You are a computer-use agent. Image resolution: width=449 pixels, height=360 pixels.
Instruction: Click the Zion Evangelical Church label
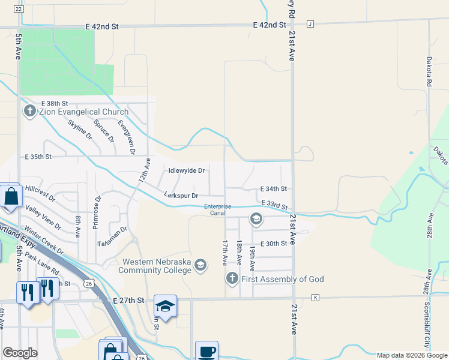point(83,112)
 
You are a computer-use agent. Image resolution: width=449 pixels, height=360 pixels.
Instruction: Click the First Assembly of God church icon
point(232,278)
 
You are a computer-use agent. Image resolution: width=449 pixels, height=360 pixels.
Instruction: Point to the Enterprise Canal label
point(217,210)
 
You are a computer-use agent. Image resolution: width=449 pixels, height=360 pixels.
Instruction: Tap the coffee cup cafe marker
point(206,351)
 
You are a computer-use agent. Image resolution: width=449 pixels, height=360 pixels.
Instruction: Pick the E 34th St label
point(274,188)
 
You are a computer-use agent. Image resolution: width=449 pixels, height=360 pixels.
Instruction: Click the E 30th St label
point(274,243)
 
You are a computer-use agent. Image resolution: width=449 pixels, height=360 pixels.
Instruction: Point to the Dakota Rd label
point(429,72)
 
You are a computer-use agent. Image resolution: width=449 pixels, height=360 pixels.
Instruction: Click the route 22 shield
point(19,10)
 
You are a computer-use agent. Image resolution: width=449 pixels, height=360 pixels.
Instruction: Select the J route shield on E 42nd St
point(310,24)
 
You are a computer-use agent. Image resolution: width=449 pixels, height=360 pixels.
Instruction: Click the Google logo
point(20,353)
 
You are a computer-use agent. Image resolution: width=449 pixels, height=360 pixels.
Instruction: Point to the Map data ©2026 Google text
point(412,355)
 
